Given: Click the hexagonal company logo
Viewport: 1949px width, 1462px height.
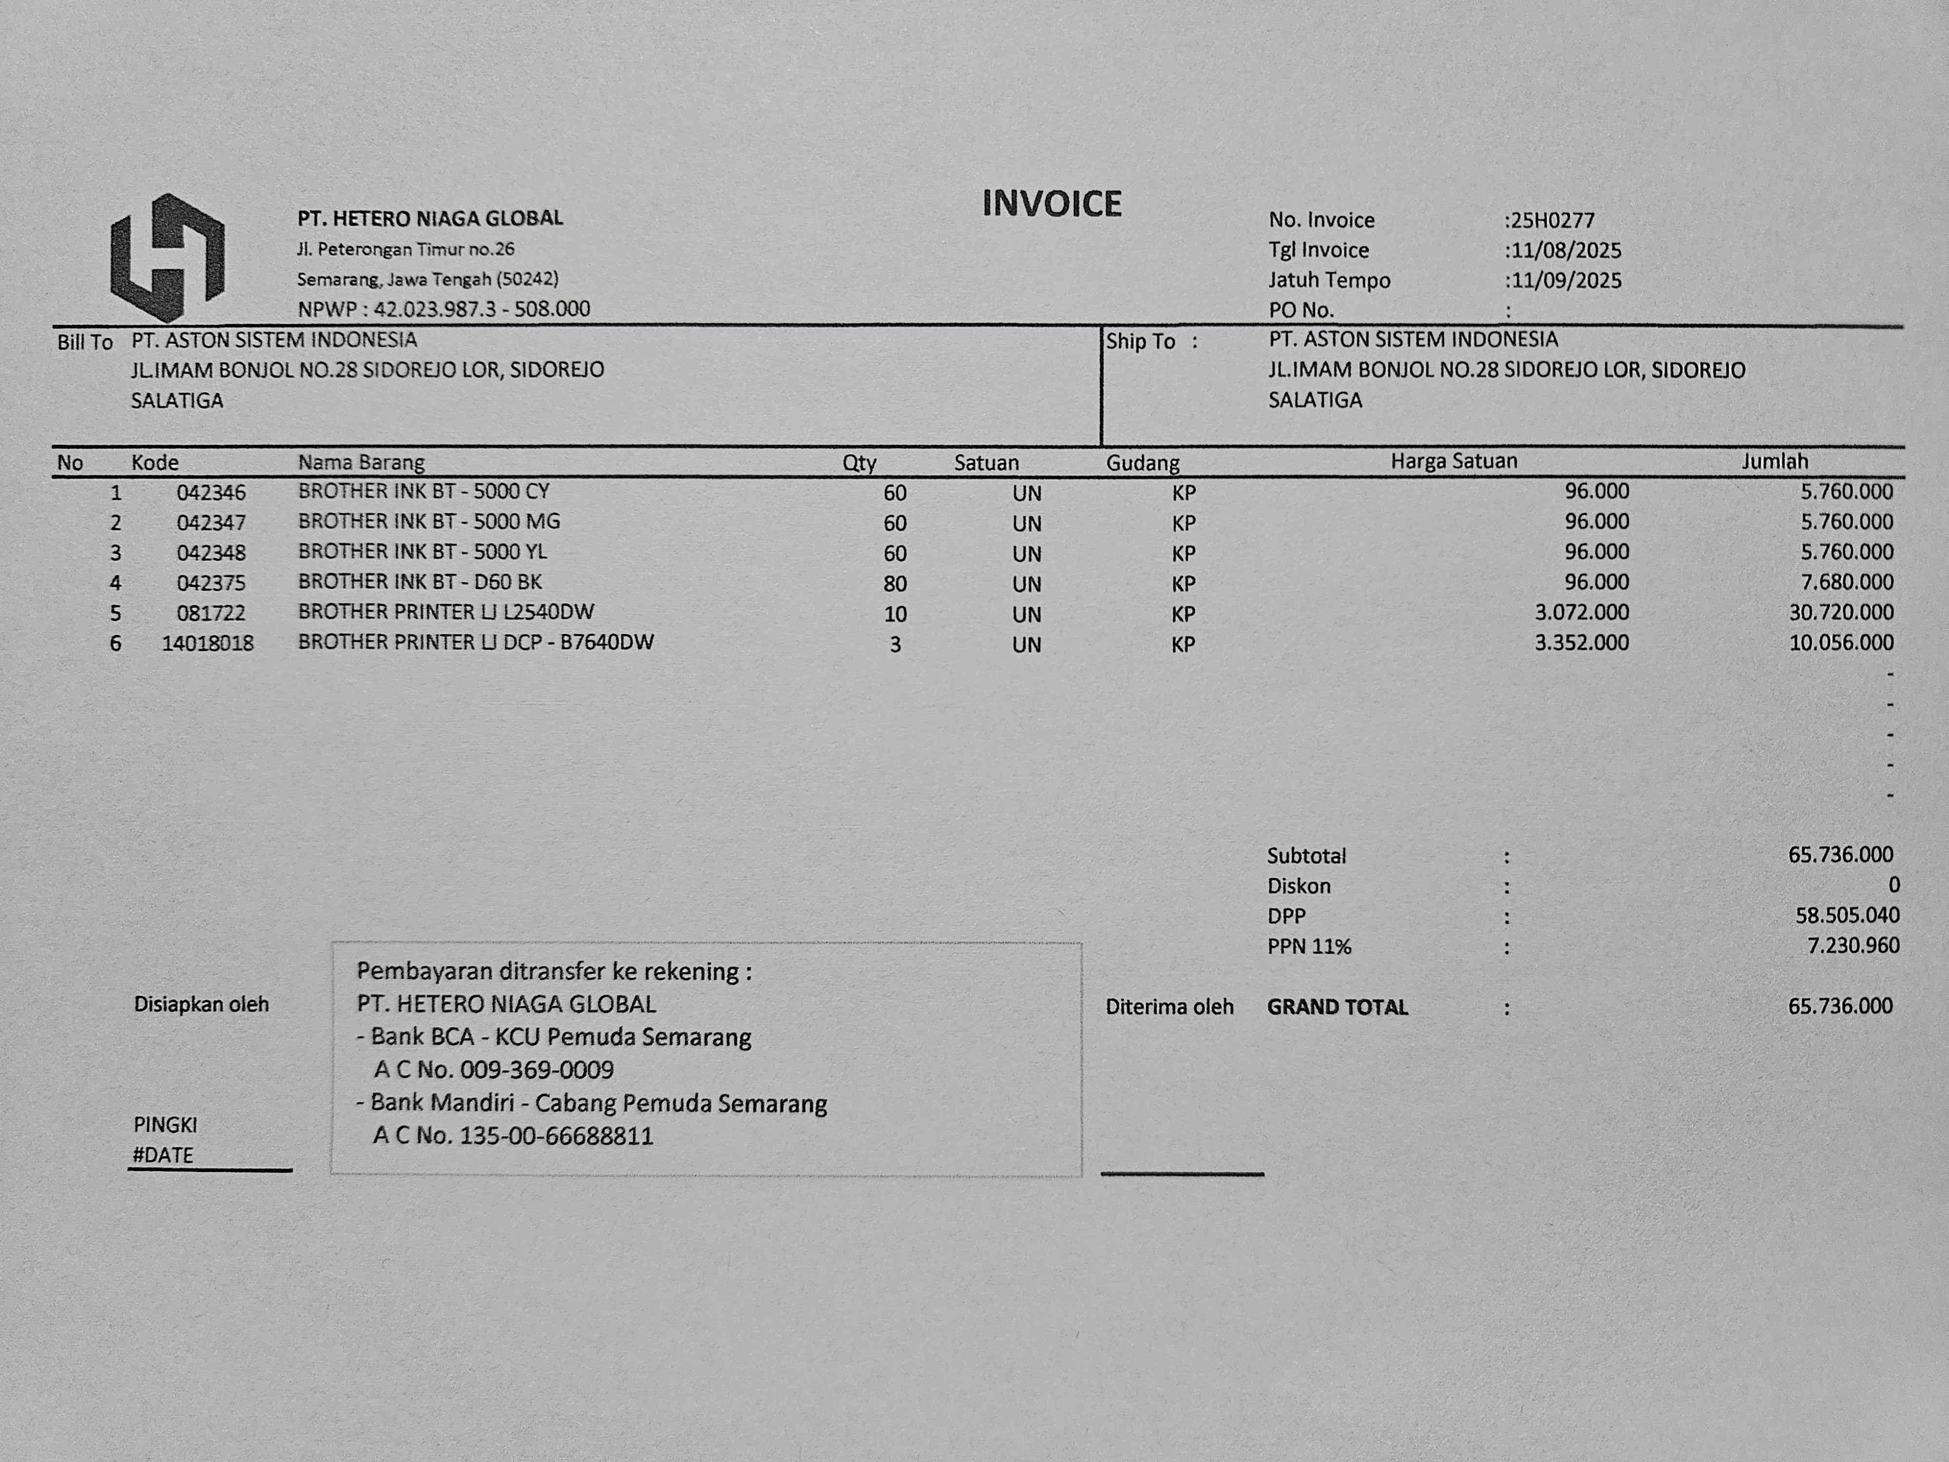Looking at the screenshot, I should (x=168, y=257).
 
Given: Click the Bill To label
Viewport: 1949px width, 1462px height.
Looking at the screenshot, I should (x=85, y=342).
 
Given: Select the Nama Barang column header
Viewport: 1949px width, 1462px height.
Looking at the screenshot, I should (x=361, y=462).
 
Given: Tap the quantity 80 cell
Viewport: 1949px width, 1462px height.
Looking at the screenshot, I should (x=894, y=583).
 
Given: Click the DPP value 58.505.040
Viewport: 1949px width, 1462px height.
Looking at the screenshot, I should (x=1847, y=916).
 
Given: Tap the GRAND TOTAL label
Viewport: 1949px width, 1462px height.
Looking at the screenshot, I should (x=1337, y=1007).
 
